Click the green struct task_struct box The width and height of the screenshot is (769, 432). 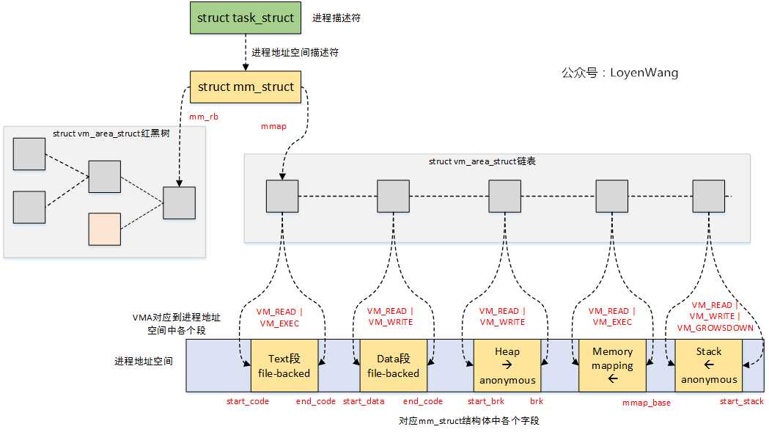click(x=246, y=18)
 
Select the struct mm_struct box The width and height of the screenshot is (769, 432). click(x=246, y=87)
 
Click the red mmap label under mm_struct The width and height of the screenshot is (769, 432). click(x=273, y=126)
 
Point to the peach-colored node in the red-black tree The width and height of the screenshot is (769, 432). click(x=104, y=228)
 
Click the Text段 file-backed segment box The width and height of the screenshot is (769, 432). click(x=284, y=365)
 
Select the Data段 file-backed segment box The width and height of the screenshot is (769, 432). click(x=394, y=365)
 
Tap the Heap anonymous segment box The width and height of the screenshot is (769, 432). click(x=507, y=365)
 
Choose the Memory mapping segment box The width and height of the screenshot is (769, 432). click(x=613, y=365)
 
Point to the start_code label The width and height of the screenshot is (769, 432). click(x=248, y=401)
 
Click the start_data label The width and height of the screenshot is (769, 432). click(x=364, y=401)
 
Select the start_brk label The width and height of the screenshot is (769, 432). click(x=486, y=401)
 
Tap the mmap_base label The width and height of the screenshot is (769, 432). click(x=646, y=403)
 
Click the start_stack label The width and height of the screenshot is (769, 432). click(x=741, y=401)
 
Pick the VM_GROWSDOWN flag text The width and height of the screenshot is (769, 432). click(x=715, y=328)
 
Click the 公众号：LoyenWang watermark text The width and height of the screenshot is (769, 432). click(x=619, y=73)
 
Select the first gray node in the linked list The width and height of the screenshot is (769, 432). click(x=282, y=197)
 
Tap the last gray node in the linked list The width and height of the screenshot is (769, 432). click(x=709, y=197)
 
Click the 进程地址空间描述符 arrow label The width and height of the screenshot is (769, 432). click(x=295, y=53)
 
